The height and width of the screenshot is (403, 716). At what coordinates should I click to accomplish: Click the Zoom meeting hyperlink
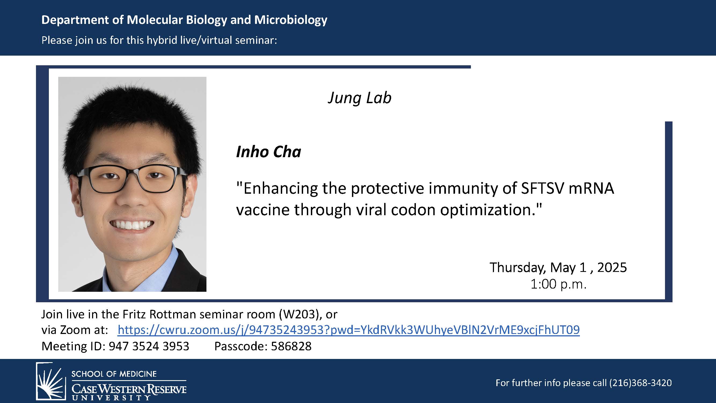click(x=348, y=330)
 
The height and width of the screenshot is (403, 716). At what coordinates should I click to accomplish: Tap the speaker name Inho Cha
click(x=268, y=152)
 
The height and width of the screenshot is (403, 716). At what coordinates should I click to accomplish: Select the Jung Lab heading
click(x=359, y=98)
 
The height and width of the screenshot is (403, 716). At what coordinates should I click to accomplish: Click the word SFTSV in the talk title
click(x=542, y=188)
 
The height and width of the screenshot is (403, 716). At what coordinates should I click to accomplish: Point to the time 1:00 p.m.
click(x=558, y=284)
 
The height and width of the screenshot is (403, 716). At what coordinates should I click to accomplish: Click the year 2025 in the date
click(x=612, y=267)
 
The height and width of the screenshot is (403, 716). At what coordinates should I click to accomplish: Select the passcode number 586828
click(x=291, y=346)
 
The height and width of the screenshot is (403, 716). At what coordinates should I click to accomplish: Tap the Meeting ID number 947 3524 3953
click(x=149, y=346)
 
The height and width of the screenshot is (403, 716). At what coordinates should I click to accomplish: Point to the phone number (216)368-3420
click(x=640, y=383)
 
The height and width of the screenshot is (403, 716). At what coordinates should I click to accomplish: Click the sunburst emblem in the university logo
click(x=50, y=381)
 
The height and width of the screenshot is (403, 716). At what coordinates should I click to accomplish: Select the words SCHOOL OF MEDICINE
click(x=114, y=374)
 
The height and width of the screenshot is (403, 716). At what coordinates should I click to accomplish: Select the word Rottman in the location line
click(x=173, y=314)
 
